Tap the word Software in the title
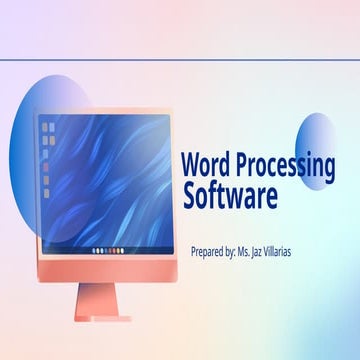pos(230,196)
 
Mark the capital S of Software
pos(189,196)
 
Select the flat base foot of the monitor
pos(105,319)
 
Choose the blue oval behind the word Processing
pos(319,150)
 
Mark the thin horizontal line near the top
pos(180,60)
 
